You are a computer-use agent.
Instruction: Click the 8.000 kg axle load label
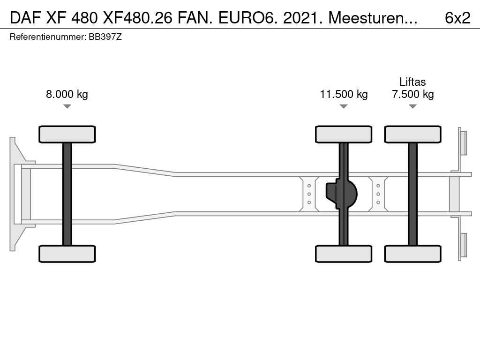(67, 94)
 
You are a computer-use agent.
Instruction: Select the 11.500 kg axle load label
(344, 94)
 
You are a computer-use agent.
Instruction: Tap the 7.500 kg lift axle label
(412, 94)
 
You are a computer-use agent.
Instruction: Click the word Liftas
(412, 82)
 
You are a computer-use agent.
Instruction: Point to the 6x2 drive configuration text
(457, 18)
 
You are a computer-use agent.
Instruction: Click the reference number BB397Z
(105, 37)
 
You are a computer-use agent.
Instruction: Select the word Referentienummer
(48, 37)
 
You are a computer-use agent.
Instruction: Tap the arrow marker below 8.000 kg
(67, 106)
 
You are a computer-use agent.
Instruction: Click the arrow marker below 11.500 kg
(344, 106)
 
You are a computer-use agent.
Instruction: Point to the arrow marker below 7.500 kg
(412, 106)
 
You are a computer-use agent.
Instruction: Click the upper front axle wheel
(67, 134)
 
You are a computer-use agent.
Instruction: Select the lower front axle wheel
(67, 254)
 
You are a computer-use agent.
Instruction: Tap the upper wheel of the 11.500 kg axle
(344, 134)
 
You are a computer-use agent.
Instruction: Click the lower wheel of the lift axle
(412, 254)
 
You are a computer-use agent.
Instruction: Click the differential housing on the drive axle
(341, 194)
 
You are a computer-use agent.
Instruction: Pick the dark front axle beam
(67, 194)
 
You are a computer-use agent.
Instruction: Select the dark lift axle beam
(412, 194)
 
